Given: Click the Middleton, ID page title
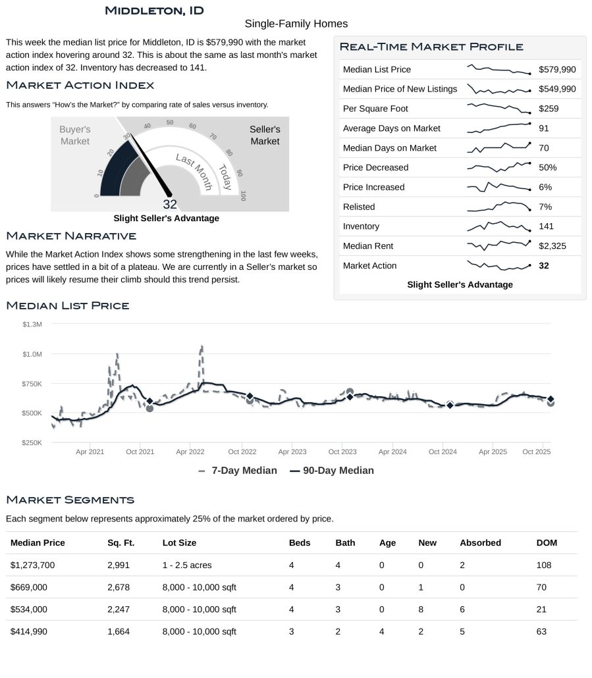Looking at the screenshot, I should point(154,11).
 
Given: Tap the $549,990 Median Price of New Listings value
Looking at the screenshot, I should point(556,89).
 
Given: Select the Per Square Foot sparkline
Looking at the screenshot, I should point(498,109).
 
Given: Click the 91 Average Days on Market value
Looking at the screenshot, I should point(543,128).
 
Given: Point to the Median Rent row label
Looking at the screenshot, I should point(368,246).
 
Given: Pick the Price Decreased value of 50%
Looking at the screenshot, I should point(547,167).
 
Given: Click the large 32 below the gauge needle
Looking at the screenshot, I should point(170,204).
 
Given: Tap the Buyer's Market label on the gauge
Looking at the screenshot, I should point(74,136).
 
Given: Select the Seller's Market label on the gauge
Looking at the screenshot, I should point(265,136).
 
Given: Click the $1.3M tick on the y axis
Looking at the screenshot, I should point(32,325).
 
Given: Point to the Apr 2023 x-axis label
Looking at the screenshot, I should point(292,452).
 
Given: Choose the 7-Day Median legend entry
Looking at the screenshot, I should point(237,471).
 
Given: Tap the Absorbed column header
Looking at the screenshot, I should point(480,543).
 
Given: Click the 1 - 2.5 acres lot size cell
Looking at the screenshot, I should point(187,565).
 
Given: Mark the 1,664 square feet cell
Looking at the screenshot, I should point(119,632).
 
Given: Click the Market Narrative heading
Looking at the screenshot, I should point(70,236).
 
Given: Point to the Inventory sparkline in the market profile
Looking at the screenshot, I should point(498,226).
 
